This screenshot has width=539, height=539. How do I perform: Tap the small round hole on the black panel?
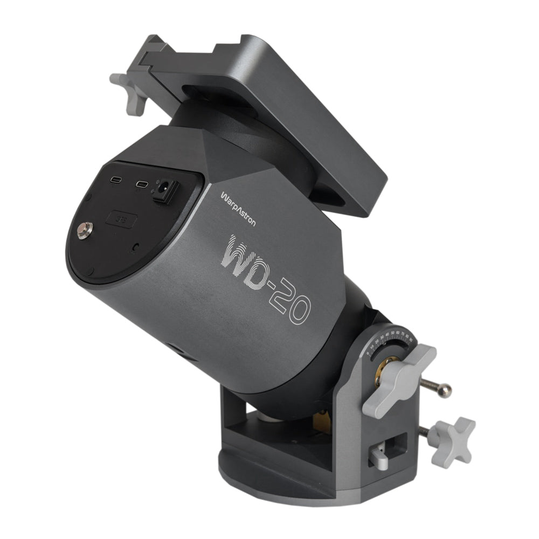point(134,246)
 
